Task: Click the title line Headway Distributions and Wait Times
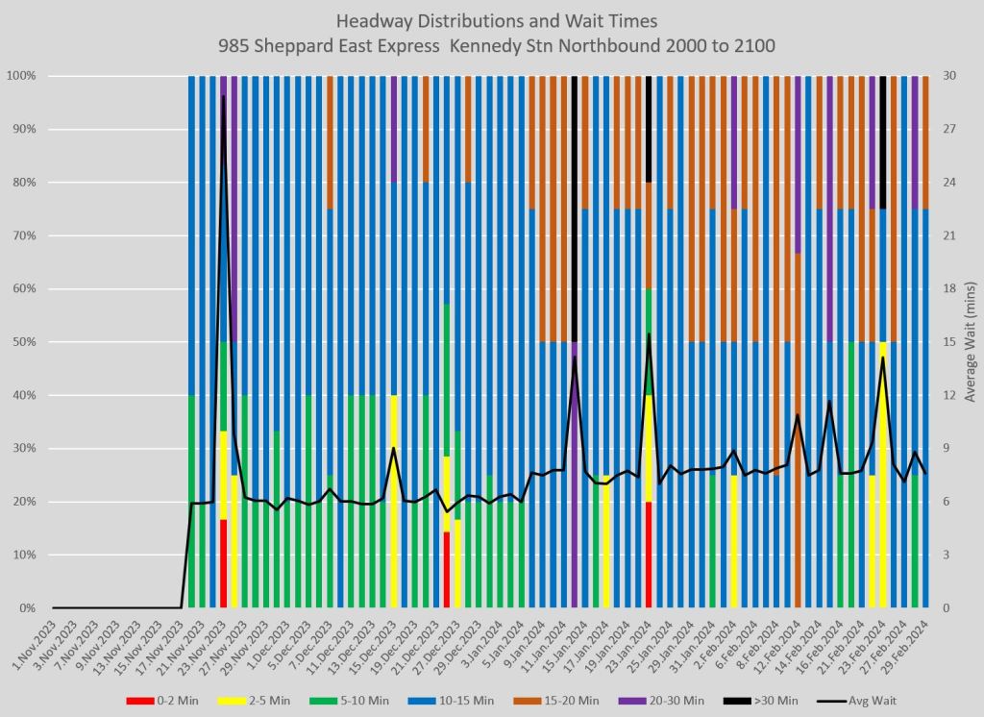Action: (491, 21)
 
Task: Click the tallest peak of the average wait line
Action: (223, 95)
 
